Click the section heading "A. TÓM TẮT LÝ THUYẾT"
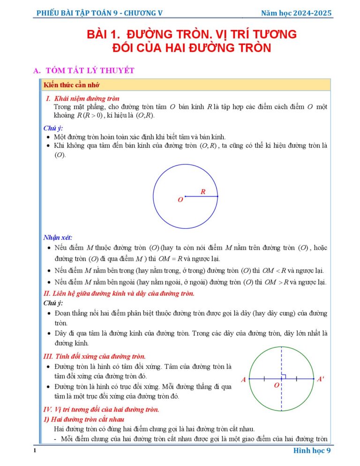click(x=84, y=71)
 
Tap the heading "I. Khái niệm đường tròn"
click(x=82, y=98)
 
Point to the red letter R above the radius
click(x=203, y=191)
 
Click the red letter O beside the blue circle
click(x=180, y=200)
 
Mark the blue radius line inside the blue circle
click(x=201, y=196)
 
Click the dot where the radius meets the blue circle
click(x=217, y=196)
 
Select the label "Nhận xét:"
click(x=58, y=237)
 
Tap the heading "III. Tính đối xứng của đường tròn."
click(x=94, y=356)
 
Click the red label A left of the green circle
click(x=243, y=380)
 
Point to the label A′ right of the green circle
click(x=320, y=379)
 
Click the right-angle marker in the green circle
click(x=284, y=376)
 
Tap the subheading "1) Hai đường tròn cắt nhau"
click(x=83, y=419)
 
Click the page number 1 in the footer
click(x=35, y=451)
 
